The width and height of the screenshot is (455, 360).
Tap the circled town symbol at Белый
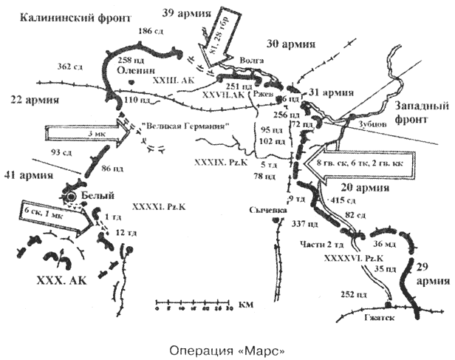[x=71, y=197]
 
